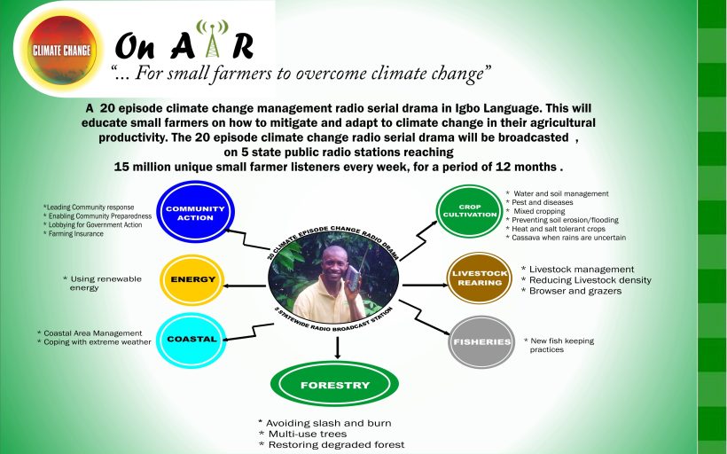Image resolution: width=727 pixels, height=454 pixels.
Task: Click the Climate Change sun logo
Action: [x=62, y=50]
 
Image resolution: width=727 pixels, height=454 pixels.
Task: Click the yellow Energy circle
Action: [x=192, y=279]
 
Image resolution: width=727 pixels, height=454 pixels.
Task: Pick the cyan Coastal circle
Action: [x=192, y=340]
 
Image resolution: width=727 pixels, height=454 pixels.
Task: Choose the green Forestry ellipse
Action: [x=333, y=386]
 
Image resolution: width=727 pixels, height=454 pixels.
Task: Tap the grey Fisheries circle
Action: [x=481, y=341]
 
